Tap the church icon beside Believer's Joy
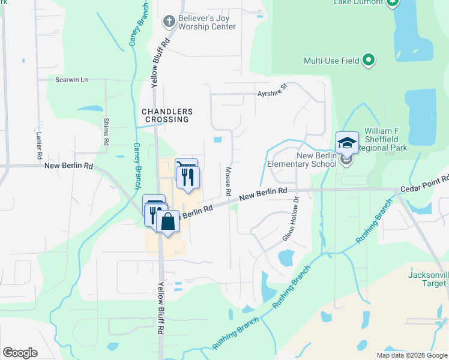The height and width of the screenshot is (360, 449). coord(170,22)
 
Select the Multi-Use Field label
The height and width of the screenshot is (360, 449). coord(331,61)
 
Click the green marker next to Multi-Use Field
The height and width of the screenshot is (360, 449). coord(369,61)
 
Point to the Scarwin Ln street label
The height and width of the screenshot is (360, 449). coord(71,79)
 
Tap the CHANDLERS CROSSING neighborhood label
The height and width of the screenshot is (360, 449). coord(167,115)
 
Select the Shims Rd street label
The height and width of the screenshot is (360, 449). coord(106,133)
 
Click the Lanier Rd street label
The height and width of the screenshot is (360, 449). coord(38,146)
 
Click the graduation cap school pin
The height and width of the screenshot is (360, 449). coord(347,143)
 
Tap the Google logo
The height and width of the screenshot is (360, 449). coord(20,353)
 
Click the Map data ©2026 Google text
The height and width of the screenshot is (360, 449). coord(412,355)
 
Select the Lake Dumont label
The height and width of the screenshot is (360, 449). coord(358,2)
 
